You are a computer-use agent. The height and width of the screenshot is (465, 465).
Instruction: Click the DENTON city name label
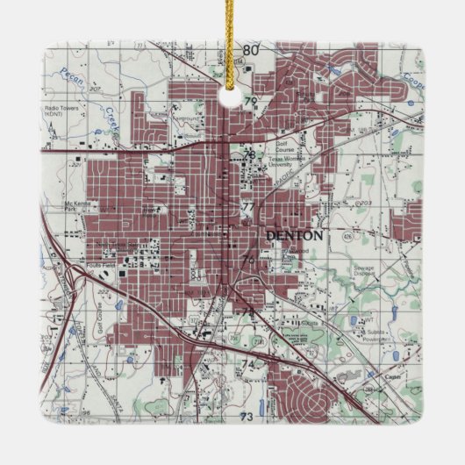294,235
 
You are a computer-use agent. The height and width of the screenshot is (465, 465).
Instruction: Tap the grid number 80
252,50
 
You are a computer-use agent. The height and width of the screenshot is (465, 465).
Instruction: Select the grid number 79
251,103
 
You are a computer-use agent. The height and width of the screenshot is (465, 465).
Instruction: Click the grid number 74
247,363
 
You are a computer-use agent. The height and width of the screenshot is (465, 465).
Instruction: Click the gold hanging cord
232,39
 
